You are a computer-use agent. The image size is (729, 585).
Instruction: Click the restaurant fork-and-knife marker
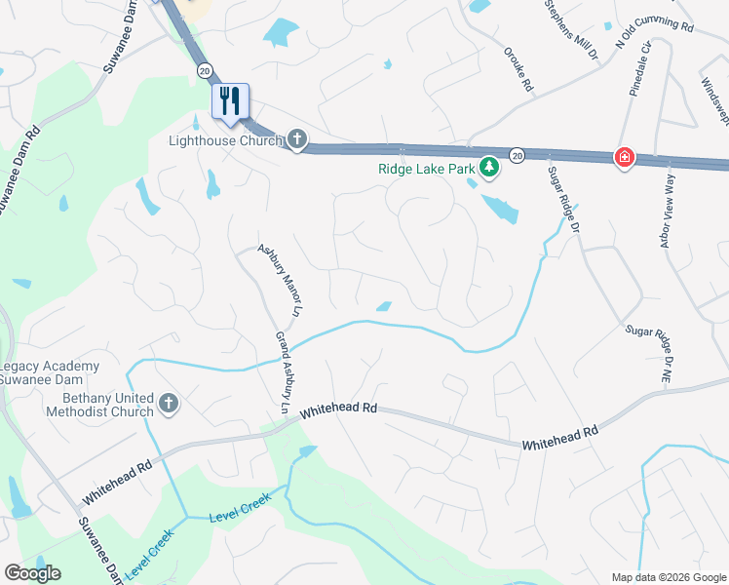tap(231, 101)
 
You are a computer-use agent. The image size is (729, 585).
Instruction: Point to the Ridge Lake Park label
tap(426, 169)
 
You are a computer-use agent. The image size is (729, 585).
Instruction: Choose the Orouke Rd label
tap(518, 70)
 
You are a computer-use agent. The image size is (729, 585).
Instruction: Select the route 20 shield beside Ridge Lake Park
tap(518, 154)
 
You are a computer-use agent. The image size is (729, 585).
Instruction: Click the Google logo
tap(32, 573)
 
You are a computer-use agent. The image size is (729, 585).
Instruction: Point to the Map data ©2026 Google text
tap(668, 577)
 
